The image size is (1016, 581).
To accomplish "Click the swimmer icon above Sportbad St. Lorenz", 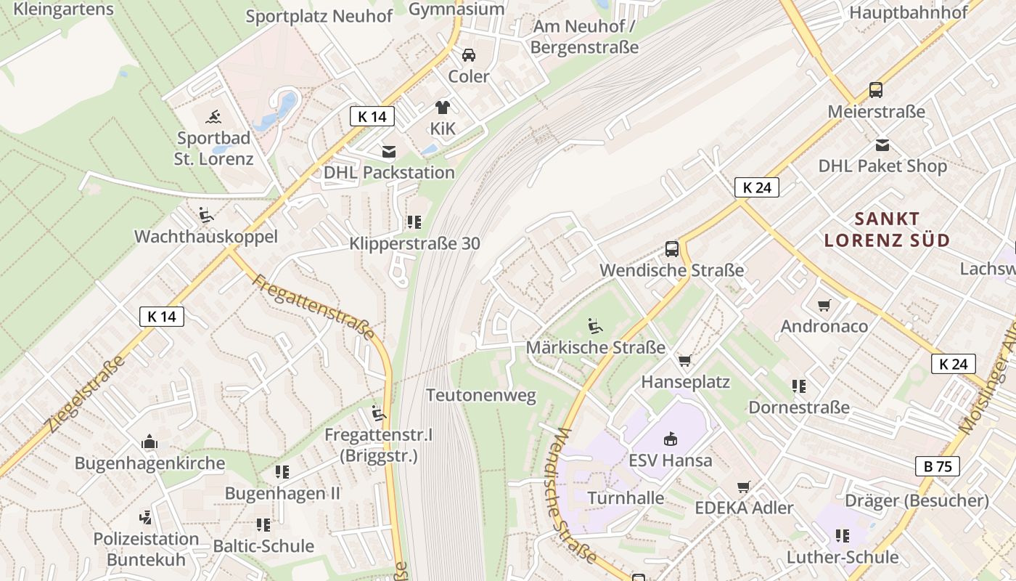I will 213,116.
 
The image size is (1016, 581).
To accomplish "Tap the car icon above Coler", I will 469,55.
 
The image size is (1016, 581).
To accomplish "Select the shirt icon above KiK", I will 443,107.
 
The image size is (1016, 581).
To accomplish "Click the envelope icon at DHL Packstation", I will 389,151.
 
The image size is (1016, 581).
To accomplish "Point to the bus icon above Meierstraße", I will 876,90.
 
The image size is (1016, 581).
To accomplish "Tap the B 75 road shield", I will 938,466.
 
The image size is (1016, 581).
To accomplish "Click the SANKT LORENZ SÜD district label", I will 887,229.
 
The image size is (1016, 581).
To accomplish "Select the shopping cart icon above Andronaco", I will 824,305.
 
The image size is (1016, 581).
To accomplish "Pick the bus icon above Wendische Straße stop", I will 672,249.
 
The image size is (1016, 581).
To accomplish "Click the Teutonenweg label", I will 481,396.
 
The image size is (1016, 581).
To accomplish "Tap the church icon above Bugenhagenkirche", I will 149,442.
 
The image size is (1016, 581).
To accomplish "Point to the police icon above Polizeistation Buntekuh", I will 146,518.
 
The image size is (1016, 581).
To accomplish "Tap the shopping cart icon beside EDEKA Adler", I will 743,487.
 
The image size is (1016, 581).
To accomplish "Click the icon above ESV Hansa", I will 671,439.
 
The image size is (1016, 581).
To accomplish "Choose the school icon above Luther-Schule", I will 843,536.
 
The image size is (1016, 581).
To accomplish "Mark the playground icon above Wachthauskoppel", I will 206,215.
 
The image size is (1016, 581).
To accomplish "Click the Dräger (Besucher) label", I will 917,500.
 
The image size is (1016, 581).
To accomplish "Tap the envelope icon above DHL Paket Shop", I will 882,145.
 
